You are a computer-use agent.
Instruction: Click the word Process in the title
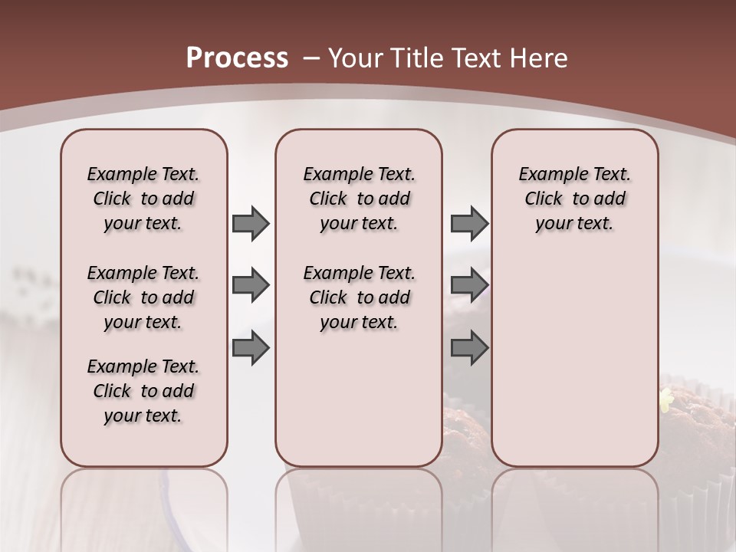[x=237, y=58]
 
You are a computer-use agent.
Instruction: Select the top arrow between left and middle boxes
[x=251, y=223]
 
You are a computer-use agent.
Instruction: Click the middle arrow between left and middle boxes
[x=251, y=285]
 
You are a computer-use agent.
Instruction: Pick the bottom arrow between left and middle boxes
[x=251, y=347]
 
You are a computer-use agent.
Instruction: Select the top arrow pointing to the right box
[x=469, y=223]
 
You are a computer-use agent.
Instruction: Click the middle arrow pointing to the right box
[x=469, y=285]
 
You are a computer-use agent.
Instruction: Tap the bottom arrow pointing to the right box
[x=469, y=347]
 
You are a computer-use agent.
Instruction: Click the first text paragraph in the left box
[x=143, y=199]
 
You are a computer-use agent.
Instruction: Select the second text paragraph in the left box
[x=143, y=297]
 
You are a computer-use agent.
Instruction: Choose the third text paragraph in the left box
[x=143, y=391]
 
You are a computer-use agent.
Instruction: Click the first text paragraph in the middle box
[x=359, y=199]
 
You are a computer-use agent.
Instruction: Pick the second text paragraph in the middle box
[x=359, y=297]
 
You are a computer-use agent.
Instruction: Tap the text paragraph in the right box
[x=574, y=199]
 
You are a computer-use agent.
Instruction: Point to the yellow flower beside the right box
[x=665, y=399]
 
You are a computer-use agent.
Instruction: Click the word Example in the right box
[x=548, y=174]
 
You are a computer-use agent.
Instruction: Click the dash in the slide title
[x=311, y=58]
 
